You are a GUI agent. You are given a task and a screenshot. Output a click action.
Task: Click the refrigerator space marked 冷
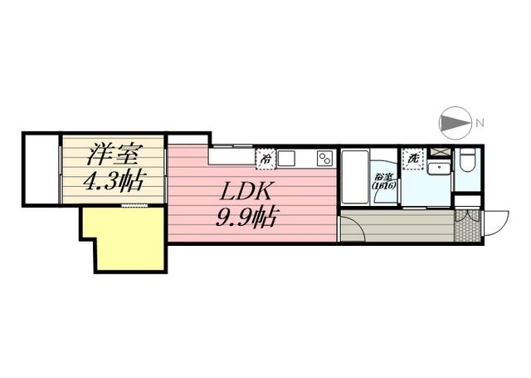coord(265,157)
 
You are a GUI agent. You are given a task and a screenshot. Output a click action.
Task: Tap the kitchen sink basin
coord(287,158)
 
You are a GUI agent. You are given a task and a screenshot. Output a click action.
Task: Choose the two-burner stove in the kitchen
coord(324,157)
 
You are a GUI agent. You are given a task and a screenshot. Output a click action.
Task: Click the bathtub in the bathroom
coord(355,179)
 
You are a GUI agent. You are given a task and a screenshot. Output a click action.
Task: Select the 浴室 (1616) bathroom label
coord(384,180)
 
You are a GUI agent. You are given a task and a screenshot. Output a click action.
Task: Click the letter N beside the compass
coord(479,125)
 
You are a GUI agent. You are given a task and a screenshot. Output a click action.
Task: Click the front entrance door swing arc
coord(495,223)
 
